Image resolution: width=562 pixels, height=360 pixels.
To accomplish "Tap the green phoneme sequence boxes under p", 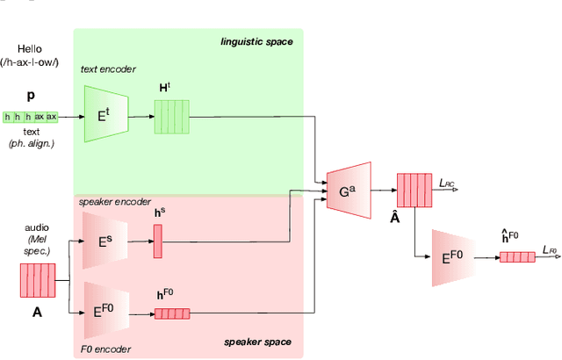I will click(31, 116).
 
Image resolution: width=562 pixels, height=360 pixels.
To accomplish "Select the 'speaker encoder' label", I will click(115, 201).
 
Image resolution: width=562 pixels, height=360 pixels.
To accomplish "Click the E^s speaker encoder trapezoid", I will click(104, 240).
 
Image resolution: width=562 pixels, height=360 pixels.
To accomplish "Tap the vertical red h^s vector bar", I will click(158, 241).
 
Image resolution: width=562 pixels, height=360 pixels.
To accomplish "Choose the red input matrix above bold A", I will click(37, 281).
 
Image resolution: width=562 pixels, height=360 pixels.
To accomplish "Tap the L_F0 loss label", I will click(550, 251).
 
